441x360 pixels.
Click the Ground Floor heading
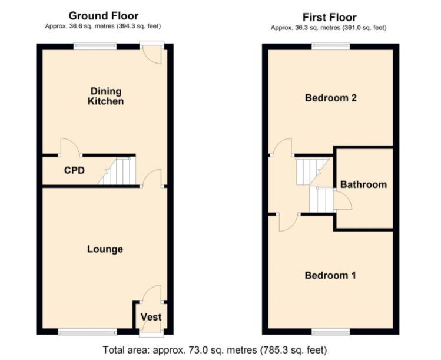(x=103, y=16)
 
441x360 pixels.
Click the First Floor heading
(x=329, y=17)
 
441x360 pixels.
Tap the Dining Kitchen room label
(x=106, y=96)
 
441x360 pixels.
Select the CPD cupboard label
(x=74, y=171)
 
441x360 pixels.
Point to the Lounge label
(x=105, y=249)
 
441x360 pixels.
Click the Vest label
(x=151, y=317)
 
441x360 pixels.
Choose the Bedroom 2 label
(x=330, y=98)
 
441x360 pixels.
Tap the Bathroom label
(x=363, y=184)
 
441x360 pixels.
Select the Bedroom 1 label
(x=330, y=275)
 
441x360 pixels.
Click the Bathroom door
(x=343, y=203)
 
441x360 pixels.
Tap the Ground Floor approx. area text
(x=103, y=27)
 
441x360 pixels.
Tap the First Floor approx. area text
(x=329, y=28)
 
